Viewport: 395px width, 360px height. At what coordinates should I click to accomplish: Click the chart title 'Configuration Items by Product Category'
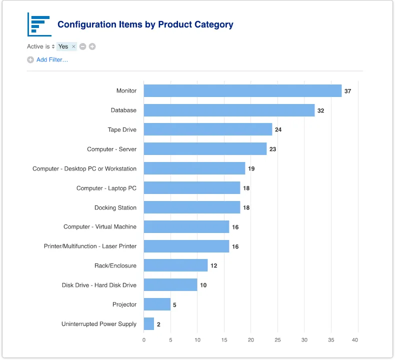coord(145,24)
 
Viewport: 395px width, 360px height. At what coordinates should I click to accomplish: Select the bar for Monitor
coord(242,91)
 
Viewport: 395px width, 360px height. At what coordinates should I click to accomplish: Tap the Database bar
coord(229,110)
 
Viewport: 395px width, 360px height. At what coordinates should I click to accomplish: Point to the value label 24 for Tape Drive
coord(278,130)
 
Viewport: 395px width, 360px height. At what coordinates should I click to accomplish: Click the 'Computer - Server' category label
coord(111,149)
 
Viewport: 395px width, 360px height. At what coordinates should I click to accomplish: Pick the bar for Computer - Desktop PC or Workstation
coord(194,168)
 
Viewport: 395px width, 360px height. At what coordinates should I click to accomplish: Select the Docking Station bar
coord(191,207)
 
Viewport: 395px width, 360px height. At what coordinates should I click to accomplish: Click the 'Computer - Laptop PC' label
coord(106,188)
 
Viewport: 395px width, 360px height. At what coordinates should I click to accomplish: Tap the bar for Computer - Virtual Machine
coord(186,227)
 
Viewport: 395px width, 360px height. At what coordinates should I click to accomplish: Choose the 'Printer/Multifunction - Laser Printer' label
coord(90,246)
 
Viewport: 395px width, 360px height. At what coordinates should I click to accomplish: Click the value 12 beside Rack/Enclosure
coord(213,266)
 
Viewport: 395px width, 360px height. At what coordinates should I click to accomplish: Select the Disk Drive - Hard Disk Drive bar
coord(170,285)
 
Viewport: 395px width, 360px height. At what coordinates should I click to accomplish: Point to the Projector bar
coord(157,304)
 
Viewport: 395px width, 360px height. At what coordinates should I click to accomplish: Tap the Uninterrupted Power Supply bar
coord(149,324)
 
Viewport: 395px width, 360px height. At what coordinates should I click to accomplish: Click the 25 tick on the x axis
coord(277,340)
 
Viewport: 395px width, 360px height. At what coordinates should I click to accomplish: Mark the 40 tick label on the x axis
coord(355,340)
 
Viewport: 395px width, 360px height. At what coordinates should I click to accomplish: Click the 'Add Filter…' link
coord(52,60)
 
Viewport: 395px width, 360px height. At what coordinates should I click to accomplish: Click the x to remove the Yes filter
coord(73,46)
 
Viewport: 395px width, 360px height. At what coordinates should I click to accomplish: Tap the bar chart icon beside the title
coord(39,24)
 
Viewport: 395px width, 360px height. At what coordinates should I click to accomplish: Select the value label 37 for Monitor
coord(347,91)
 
